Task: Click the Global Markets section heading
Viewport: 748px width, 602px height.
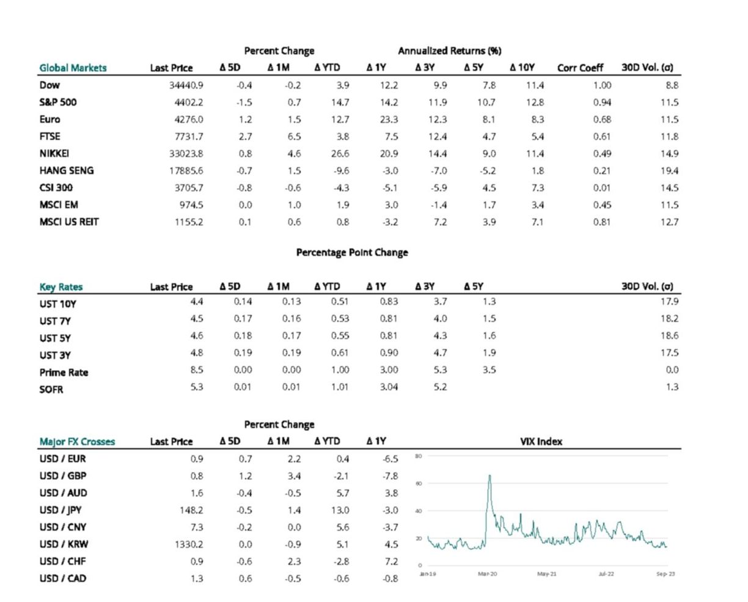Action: [x=73, y=68]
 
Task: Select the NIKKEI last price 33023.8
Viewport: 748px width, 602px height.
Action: [x=186, y=154]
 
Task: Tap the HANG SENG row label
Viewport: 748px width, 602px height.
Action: [x=67, y=171]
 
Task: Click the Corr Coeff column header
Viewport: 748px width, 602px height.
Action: [x=580, y=68]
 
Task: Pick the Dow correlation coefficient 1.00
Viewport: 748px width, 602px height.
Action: [x=601, y=85]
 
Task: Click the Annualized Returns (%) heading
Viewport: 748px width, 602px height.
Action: [x=449, y=51]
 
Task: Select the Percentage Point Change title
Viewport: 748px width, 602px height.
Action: [x=352, y=252]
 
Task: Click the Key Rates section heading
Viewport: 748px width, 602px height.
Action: [x=61, y=287]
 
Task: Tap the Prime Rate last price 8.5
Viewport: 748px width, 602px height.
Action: [x=196, y=370]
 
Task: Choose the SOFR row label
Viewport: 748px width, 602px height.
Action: [x=51, y=390]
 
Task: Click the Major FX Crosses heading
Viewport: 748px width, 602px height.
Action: [x=77, y=441]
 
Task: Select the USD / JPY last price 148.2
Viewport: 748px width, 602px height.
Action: [x=191, y=510]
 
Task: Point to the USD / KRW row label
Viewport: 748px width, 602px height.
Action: [x=64, y=545]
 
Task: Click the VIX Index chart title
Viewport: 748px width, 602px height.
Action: [x=541, y=441]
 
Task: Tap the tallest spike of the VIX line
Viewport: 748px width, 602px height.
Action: [x=490, y=476]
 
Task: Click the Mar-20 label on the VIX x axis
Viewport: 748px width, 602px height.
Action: [x=488, y=574]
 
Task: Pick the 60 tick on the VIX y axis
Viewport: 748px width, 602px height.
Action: [x=419, y=484]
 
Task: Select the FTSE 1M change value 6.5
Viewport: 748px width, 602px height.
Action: [x=294, y=137]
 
